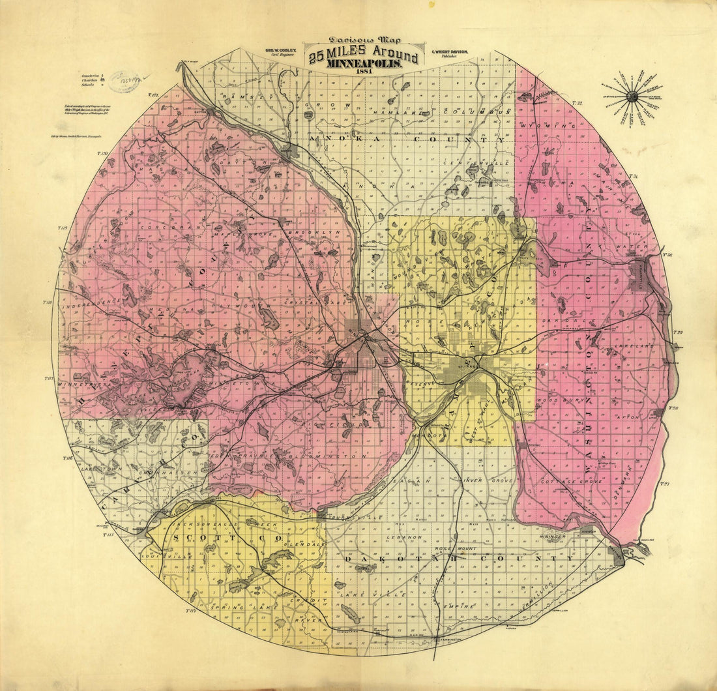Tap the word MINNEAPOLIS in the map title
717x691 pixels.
pyautogui.click(x=365, y=65)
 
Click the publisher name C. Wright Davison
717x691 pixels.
pyautogui.click(x=450, y=50)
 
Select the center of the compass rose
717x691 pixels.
pyautogui.click(x=631, y=96)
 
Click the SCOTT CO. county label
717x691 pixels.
pyautogui.click(x=227, y=539)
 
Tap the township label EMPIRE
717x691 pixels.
pyautogui.click(x=458, y=606)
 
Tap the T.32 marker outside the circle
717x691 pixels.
pyautogui.click(x=577, y=103)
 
